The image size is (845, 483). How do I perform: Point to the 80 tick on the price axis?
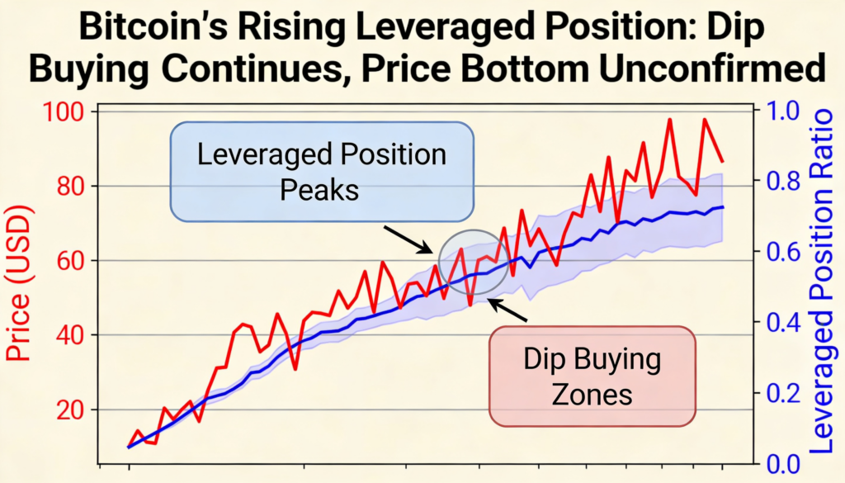click(x=73, y=187)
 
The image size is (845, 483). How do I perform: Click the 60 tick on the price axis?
click(x=73, y=261)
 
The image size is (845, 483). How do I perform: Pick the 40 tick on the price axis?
click(x=73, y=335)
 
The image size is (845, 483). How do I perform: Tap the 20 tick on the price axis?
click(x=73, y=410)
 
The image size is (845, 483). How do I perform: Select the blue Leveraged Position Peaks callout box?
click(x=322, y=172)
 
